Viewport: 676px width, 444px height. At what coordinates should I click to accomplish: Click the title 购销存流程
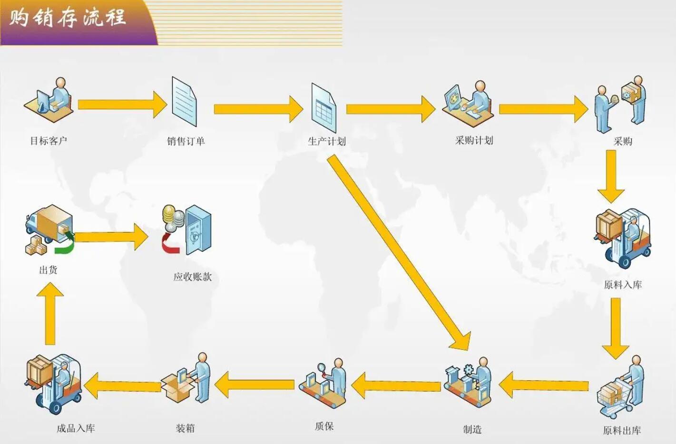pyautogui.click(x=68, y=18)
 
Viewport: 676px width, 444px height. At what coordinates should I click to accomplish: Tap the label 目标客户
pyautogui.click(x=49, y=141)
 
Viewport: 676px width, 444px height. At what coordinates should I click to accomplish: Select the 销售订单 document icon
pyautogui.click(x=184, y=102)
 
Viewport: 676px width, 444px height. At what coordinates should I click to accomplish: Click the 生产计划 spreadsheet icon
pyautogui.click(x=323, y=108)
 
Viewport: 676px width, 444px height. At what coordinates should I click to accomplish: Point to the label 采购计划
pyautogui.click(x=474, y=140)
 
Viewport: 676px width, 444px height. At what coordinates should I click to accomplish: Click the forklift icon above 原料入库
pyautogui.click(x=623, y=238)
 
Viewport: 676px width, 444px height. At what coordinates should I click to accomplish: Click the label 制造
pyautogui.click(x=472, y=429)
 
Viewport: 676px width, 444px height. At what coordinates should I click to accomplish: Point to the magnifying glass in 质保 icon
pyautogui.click(x=322, y=368)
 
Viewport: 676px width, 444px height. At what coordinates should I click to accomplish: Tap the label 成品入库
pyautogui.click(x=76, y=428)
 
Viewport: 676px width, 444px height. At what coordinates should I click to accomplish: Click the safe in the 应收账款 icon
pyautogui.click(x=197, y=231)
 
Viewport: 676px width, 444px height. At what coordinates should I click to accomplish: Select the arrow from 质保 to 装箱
pyautogui.click(x=255, y=385)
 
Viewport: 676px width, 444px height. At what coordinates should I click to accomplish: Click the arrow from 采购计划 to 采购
pyautogui.click(x=543, y=109)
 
